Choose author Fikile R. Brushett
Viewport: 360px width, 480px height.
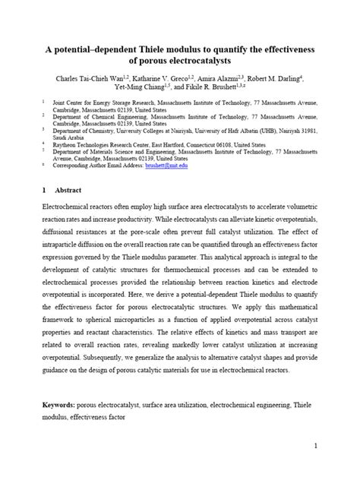211,88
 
